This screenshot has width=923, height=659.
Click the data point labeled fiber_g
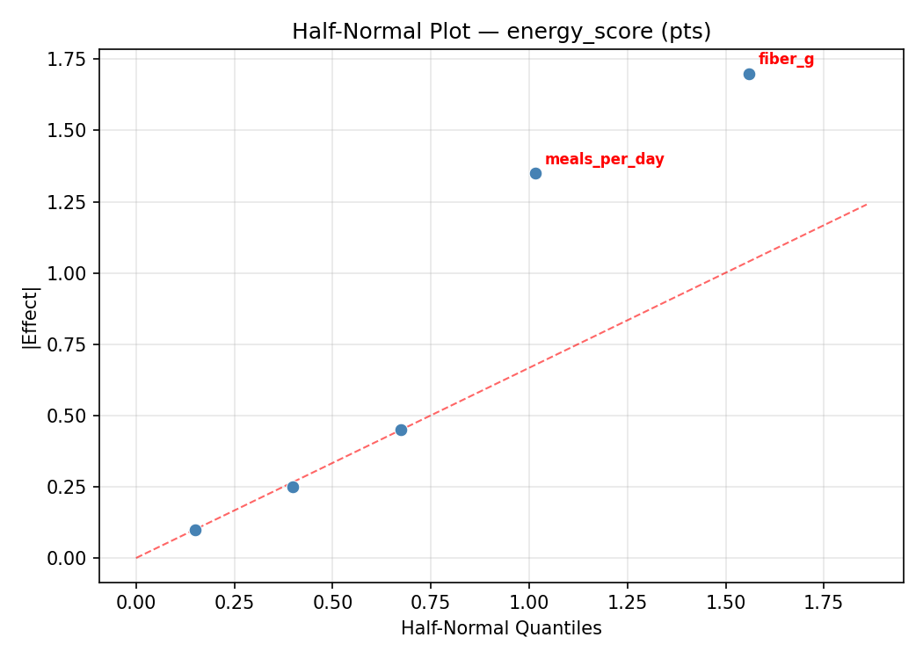point(749,74)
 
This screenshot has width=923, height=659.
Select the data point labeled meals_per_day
point(535,173)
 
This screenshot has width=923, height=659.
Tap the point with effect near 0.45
point(401,430)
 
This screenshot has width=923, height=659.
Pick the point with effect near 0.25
point(293,487)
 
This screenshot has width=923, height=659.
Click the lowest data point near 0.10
point(195,530)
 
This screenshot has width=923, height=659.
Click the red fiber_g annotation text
point(786,60)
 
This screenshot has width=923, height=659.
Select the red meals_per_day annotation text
point(604,160)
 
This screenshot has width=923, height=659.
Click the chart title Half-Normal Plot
point(501,32)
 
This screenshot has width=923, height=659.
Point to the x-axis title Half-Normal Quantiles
point(501,628)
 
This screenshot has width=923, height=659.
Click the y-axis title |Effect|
point(31,316)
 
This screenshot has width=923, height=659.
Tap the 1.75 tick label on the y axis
point(69,59)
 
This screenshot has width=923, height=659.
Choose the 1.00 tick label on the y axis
point(69,273)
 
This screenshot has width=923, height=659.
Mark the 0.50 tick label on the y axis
point(69,416)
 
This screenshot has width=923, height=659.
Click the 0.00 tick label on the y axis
point(69,558)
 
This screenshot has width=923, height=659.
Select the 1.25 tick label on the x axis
point(627,602)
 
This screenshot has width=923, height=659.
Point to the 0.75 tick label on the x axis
point(431,602)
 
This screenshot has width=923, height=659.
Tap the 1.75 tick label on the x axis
point(824,602)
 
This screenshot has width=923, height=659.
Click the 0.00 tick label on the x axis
point(136,602)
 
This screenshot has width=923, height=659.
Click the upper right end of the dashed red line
point(866,205)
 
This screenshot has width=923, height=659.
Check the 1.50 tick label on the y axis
point(69,130)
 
